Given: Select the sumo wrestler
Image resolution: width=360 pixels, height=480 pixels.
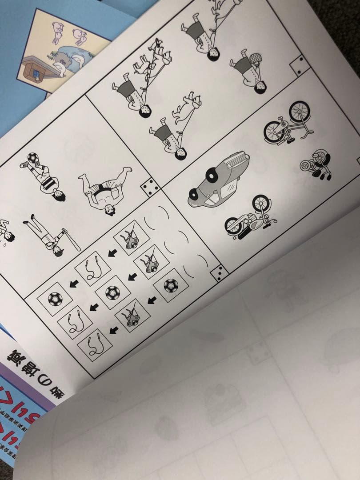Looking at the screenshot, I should tap(105, 188).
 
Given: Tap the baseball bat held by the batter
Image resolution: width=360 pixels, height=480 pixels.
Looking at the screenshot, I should tap(71, 239).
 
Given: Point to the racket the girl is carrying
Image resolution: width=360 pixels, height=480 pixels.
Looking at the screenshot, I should tap(255, 59).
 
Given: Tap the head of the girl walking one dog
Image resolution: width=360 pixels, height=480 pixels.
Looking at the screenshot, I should tap(180, 152).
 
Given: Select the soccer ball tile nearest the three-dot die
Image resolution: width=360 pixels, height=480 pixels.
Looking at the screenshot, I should tap(170, 285).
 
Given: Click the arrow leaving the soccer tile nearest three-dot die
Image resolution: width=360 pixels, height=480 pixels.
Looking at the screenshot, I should tap(151, 301).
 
